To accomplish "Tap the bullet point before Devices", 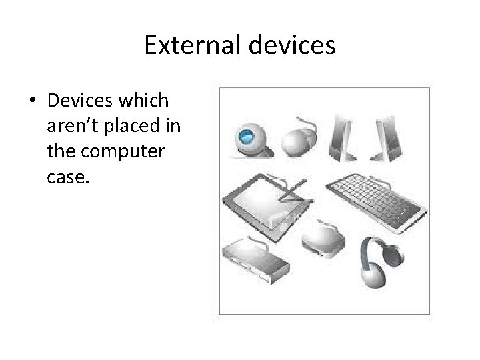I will (x=32, y=102).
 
